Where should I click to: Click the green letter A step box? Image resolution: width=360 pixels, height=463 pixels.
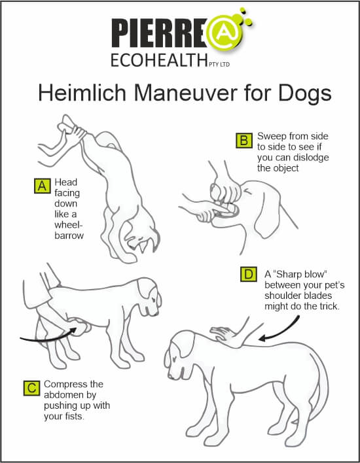coord(43,186)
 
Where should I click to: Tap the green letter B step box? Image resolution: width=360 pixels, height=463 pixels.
coord(244,141)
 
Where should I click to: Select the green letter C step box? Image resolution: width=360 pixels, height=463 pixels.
coord(31,388)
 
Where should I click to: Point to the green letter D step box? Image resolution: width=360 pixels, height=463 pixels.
coord(249,274)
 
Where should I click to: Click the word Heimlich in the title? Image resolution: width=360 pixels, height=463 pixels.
coord(82,93)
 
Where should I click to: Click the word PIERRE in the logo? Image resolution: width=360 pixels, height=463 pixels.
coord(159,33)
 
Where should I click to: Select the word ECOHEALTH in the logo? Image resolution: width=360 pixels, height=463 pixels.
coord(159,60)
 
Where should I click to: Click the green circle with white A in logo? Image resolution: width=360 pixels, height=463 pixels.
coord(225,33)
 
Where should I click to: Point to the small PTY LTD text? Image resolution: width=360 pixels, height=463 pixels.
coord(219,64)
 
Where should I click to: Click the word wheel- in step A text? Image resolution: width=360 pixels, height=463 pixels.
coord(69,225)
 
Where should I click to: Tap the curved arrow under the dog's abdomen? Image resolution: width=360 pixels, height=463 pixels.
coord(47,338)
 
